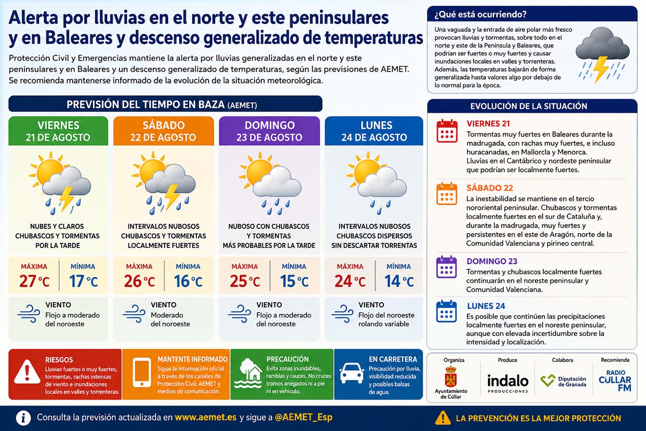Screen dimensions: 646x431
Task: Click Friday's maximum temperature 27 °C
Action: pyautogui.click(x=34, y=281)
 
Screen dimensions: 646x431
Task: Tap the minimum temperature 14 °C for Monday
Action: pyautogui.click(x=399, y=281)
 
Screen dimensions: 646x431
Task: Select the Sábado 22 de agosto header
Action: pyautogui.click(x=163, y=131)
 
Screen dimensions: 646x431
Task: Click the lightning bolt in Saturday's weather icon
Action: pyautogui.click(x=172, y=196)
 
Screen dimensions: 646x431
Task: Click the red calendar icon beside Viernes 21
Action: pyautogui.click(x=447, y=131)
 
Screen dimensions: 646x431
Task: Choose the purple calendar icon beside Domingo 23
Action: pyautogui.click(x=446, y=267)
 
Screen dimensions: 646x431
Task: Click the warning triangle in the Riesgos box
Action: pyautogui.click(x=27, y=372)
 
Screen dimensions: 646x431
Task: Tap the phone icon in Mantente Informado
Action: pyautogui.click(x=142, y=372)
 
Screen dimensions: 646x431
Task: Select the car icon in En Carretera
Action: pyautogui.click(x=352, y=373)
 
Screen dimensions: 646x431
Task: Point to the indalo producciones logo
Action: pyautogui.click(x=508, y=384)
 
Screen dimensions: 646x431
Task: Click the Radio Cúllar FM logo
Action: pyautogui.click(x=615, y=380)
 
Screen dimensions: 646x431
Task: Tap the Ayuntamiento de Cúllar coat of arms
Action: pyautogui.click(x=450, y=376)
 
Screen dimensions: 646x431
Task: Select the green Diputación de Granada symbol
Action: pyautogui.click(x=548, y=380)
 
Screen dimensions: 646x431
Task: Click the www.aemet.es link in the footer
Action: pyautogui.click(x=206, y=418)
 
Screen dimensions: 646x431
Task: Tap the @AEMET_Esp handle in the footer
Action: pyautogui.click(x=303, y=418)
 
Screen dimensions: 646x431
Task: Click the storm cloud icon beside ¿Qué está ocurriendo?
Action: pyautogui.click(x=602, y=54)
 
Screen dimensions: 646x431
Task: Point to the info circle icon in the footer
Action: pyautogui.click(x=23, y=418)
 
